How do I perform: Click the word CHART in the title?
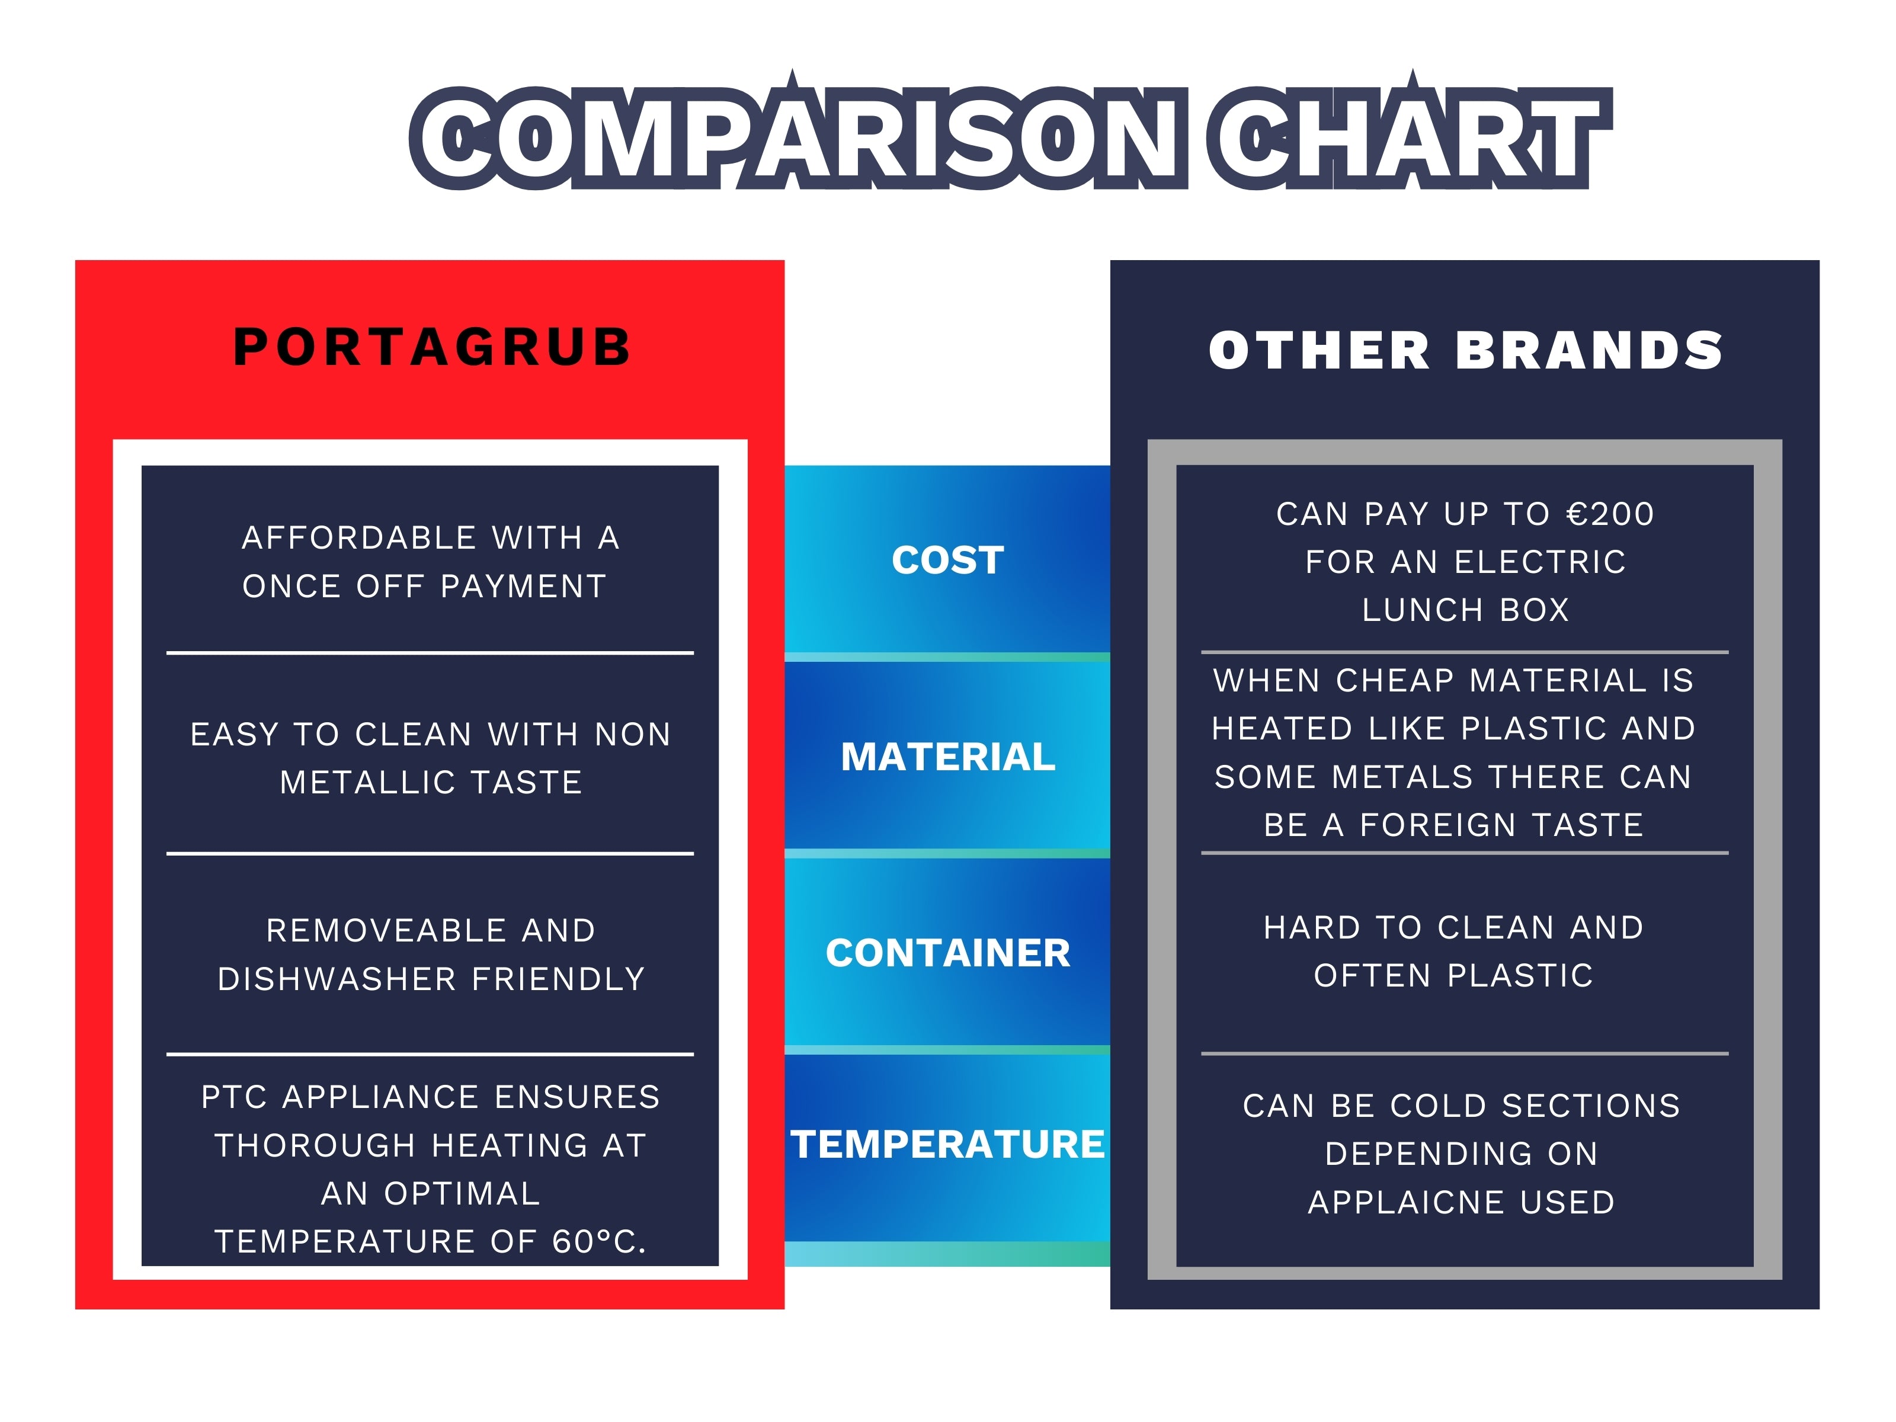[1410, 137]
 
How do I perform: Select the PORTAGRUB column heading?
[432, 347]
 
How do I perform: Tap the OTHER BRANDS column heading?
[1466, 351]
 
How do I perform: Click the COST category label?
[947, 561]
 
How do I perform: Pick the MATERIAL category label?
[948, 757]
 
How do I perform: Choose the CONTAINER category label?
[948, 953]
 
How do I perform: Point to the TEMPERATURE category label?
[948, 1144]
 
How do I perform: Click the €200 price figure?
[1610, 514]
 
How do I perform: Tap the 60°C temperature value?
[599, 1241]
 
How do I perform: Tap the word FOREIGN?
[1439, 825]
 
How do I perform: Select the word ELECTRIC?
[1539, 562]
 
